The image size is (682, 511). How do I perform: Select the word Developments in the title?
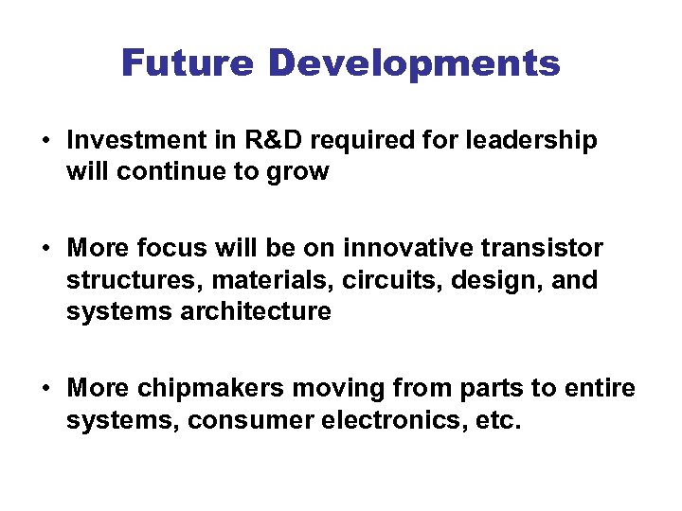click(x=414, y=64)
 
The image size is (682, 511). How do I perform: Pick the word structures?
click(x=126, y=281)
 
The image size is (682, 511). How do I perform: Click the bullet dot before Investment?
click(x=45, y=142)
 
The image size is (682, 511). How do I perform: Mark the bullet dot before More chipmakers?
click(x=45, y=390)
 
